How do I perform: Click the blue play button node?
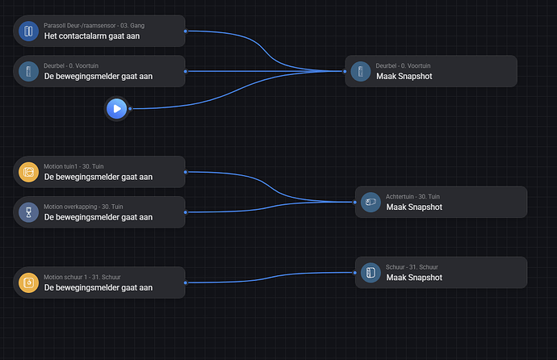117,107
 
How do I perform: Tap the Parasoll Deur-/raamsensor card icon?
28,31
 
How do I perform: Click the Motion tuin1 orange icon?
28,172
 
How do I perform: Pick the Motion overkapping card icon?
28,212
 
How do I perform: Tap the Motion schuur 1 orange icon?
28,283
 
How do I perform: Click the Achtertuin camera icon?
371,202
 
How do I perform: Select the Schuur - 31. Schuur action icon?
371,272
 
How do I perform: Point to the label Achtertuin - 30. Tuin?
413,196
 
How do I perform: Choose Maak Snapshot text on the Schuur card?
414,278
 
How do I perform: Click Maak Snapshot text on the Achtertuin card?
414,207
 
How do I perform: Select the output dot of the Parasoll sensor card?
186,31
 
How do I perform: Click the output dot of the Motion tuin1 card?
186,171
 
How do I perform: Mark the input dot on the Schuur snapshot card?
356,272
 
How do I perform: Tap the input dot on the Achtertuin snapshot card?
356,202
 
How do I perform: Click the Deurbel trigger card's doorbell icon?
28,71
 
